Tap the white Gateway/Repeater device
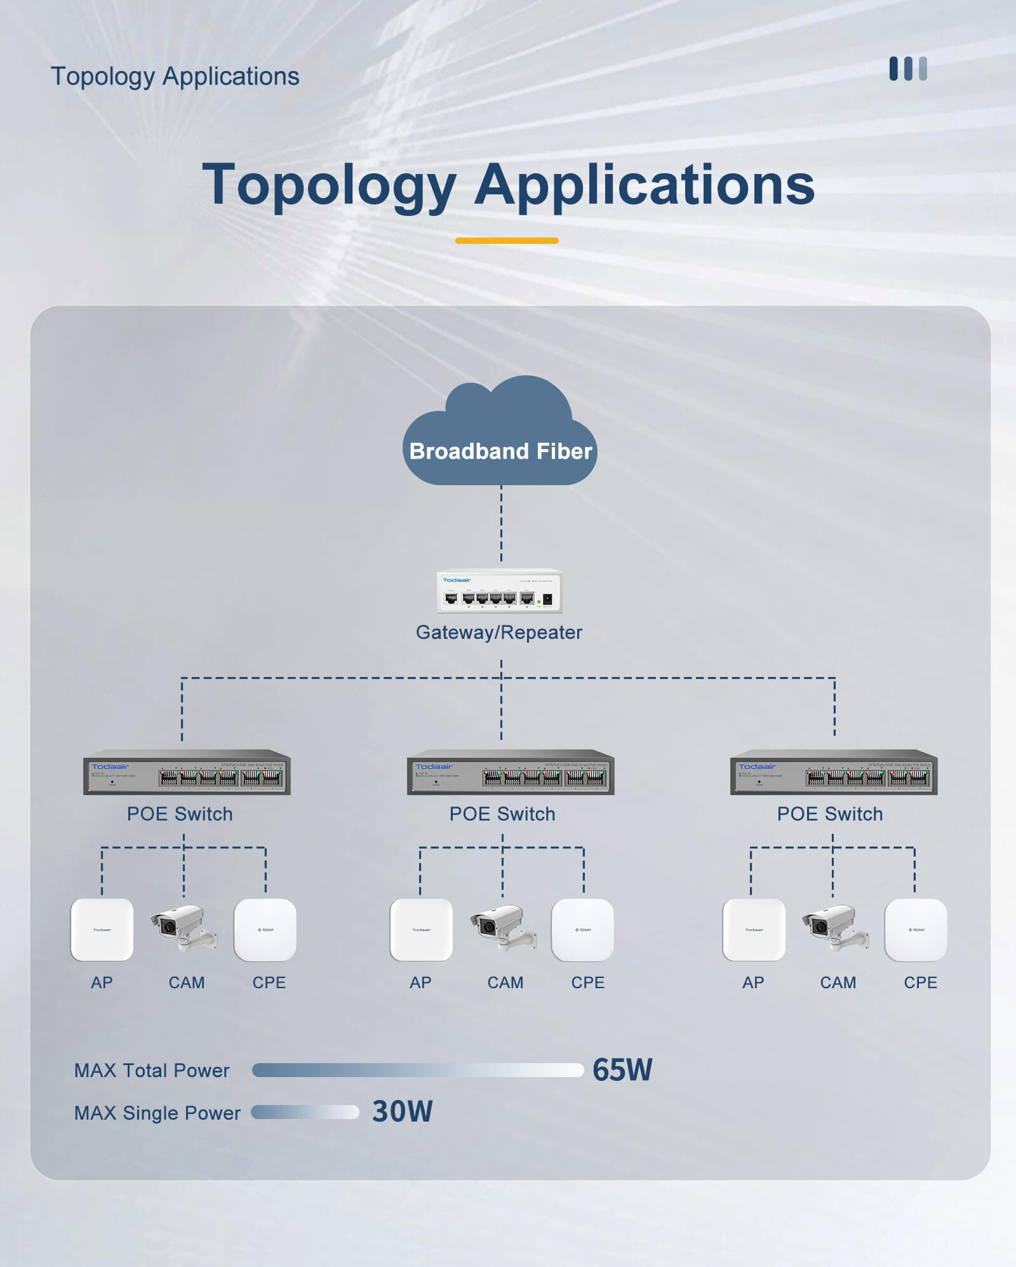pyautogui.click(x=499, y=591)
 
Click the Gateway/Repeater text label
pyautogui.click(x=498, y=633)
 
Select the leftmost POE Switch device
pyautogui.click(x=187, y=773)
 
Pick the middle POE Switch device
pyautogui.click(x=511, y=773)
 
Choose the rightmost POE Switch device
pyautogui.click(x=834, y=773)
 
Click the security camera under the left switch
pyautogui.click(x=183, y=928)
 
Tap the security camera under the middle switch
pyautogui.click(x=502, y=928)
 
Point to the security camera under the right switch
pyautogui.click(x=834, y=928)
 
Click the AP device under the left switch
pyautogui.click(x=102, y=930)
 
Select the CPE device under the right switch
pyautogui.click(x=916, y=930)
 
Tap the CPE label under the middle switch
pyautogui.click(x=587, y=982)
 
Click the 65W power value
pyautogui.click(x=622, y=1070)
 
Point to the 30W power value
pyautogui.click(x=402, y=1111)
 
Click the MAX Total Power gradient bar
pyautogui.click(x=417, y=1070)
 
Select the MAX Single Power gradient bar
pyautogui.click(x=305, y=1112)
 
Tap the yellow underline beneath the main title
pyautogui.click(x=507, y=241)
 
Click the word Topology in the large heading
pyautogui.click(x=329, y=185)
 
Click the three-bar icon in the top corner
pyautogui.click(x=908, y=69)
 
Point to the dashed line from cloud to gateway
pyautogui.click(x=501, y=524)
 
